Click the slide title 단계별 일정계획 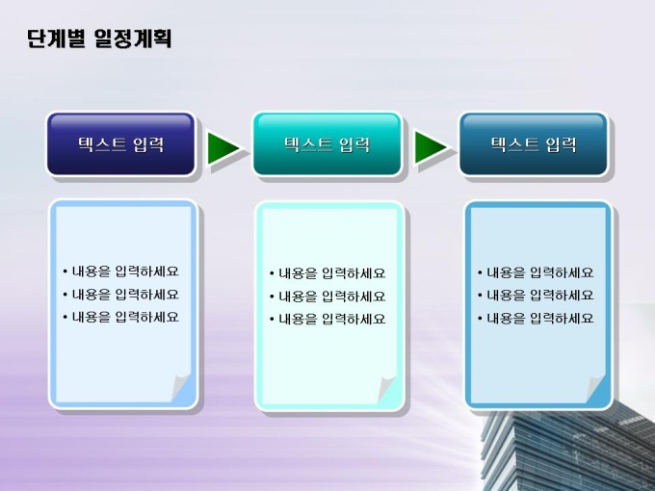pos(99,39)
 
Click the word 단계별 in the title pos(56,39)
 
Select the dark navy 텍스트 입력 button pos(120,144)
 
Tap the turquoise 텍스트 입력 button pos(327,144)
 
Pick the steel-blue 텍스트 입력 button pos(534,144)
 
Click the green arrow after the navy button pos(223,148)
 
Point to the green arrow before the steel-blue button pos(430,147)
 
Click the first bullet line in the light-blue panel pos(120,271)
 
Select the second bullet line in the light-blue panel pos(120,295)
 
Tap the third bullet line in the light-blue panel pos(120,318)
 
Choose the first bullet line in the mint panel pos(327,273)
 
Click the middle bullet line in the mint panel pos(327,297)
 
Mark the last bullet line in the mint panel pos(327,320)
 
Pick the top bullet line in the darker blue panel pos(536,273)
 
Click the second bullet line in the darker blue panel pos(536,296)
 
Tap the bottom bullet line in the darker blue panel pos(536,319)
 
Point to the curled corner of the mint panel pos(386,389)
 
